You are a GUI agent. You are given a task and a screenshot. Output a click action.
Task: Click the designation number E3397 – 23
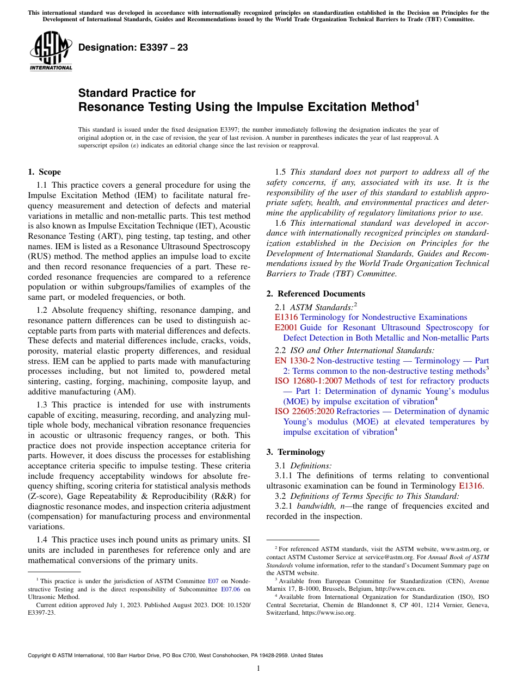pos(133,47)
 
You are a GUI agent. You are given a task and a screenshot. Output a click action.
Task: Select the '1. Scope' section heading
pos(44,172)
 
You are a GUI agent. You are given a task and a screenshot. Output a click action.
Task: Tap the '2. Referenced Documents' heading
pos(316,294)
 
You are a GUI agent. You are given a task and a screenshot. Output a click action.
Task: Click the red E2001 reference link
pos(286,328)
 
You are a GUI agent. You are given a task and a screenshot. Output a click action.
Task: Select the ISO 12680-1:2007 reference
pos(309,380)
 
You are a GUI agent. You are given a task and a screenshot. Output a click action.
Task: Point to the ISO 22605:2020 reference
pos(306,411)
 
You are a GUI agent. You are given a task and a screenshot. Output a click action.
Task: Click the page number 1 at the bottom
pos(258,668)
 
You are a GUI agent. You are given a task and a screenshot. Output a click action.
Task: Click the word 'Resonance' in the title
pos(110,107)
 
